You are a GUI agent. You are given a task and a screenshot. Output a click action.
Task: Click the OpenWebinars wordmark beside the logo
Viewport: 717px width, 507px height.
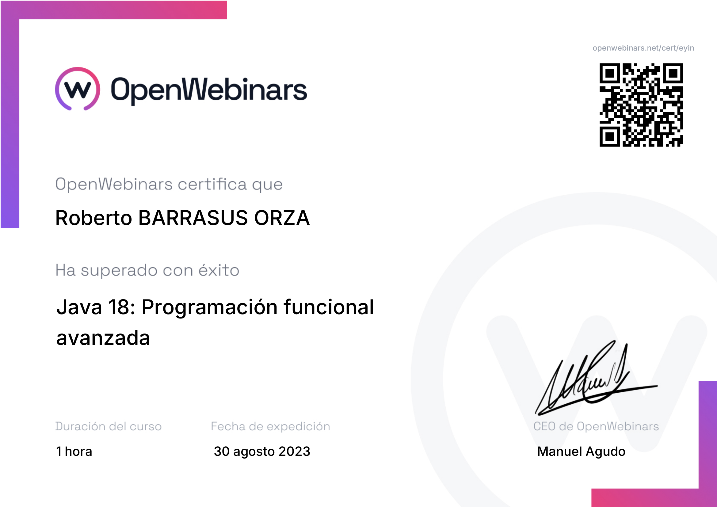tap(209, 90)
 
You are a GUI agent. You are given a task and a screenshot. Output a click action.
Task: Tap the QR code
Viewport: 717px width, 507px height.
tap(641, 105)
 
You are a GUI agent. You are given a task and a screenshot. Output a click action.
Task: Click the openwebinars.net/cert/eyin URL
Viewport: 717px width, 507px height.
tap(643, 48)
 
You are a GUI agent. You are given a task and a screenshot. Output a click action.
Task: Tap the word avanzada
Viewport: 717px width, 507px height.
tap(103, 338)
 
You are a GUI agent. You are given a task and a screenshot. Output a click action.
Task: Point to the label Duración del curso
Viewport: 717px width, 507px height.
tap(108, 426)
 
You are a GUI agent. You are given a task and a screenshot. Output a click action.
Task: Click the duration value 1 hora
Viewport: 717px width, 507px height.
tap(74, 452)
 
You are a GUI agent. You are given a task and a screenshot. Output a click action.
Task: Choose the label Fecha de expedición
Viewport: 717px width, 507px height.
tap(270, 426)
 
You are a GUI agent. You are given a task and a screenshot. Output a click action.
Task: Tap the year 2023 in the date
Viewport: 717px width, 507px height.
tap(295, 452)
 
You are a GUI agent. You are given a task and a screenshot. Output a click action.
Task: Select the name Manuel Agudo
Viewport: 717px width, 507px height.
tap(581, 452)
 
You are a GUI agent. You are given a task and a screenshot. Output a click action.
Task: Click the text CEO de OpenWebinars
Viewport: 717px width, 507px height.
tap(596, 426)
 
